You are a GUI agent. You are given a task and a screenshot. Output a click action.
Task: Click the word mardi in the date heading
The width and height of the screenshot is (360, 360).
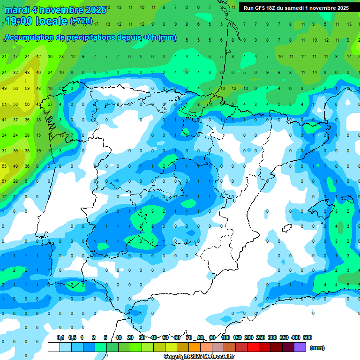click(16, 10)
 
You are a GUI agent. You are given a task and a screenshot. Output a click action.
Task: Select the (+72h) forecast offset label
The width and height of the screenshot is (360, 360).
click(81, 21)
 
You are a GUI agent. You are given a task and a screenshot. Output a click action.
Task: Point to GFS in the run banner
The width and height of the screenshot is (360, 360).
click(259, 8)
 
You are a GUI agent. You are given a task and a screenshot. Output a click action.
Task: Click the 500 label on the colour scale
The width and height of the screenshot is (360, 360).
click(307, 337)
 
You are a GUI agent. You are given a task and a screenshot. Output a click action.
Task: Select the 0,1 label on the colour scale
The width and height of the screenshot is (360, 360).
click(60, 337)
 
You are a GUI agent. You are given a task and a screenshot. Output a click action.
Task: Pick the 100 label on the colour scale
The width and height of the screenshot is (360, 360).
click(225, 337)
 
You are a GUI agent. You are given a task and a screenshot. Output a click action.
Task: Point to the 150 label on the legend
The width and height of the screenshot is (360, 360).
click(237, 337)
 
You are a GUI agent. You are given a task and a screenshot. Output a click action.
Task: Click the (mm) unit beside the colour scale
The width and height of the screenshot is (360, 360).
click(317, 348)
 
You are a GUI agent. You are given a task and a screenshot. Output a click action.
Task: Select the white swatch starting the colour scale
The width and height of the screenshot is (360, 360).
click(54, 347)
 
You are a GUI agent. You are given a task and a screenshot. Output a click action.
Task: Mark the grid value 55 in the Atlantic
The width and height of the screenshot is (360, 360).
click(4, 166)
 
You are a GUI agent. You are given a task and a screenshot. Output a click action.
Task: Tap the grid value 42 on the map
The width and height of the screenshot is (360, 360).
click(38, 57)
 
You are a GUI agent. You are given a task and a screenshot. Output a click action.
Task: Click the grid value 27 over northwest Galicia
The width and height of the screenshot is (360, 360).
click(50, 104)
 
